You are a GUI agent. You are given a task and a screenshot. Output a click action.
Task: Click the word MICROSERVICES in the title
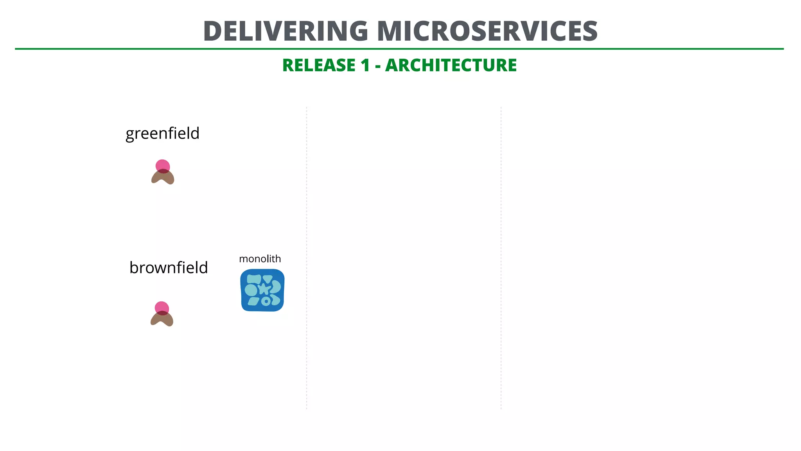click(x=487, y=31)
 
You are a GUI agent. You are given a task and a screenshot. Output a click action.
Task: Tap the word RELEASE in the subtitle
click(x=319, y=65)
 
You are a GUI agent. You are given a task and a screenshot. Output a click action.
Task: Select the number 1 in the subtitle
click(x=365, y=65)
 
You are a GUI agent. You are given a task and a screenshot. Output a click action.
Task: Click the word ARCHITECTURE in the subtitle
click(x=451, y=65)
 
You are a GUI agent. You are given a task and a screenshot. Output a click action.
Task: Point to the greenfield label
click(x=162, y=133)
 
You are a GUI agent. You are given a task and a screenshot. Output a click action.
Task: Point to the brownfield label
click(x=169, y=268)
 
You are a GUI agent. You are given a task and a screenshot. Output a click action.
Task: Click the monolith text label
click(x=260, y=259)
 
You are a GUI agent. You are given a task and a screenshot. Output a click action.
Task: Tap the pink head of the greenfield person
click(x=163, y=165)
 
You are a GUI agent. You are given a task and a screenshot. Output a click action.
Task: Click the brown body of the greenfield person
click(x=163, y=178)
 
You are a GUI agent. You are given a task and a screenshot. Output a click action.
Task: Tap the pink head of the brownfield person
click(x=162, y=307)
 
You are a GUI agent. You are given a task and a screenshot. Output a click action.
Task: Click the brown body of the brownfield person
click(x=162, y=320)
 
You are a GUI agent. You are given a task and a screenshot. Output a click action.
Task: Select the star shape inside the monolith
click(x=264, y=289)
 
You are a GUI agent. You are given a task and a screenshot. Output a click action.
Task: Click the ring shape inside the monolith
click(x=266, y=301)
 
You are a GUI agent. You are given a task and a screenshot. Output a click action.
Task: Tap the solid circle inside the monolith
click(x=251, y=290)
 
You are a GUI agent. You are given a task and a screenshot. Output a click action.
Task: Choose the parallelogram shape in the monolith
click(x=254, y=301)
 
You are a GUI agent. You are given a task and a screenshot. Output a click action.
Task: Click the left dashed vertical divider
click(x=307, y=258)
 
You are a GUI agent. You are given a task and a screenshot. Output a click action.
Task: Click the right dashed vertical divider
click(x=501, y=258)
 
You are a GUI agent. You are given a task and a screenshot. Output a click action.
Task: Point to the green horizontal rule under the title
click(x=399, y=49)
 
